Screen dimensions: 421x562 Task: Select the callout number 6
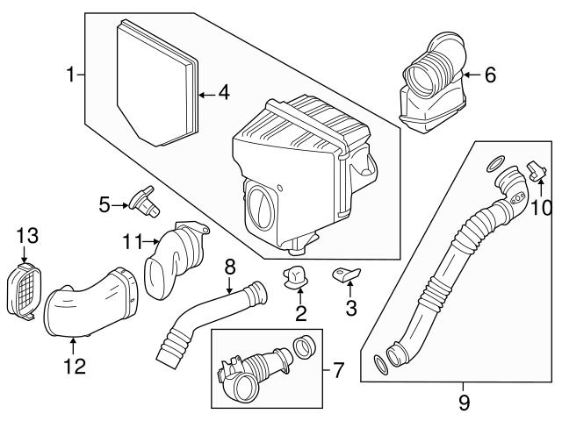pos(489,75)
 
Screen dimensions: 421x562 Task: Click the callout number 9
pos(465,403)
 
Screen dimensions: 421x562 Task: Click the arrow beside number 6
pos(471,75)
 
